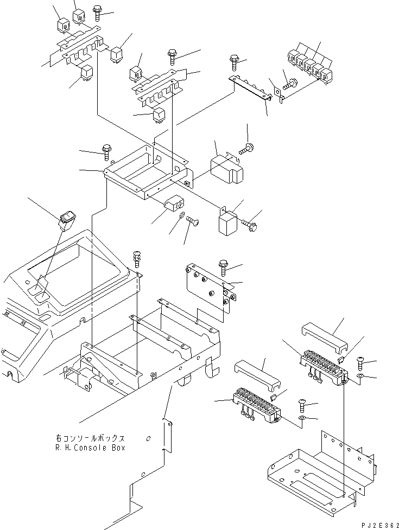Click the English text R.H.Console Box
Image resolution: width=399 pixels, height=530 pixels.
point(90,448)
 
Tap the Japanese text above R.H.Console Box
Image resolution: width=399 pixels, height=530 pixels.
point(90,438)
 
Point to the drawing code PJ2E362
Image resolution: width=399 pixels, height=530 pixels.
point(380,525)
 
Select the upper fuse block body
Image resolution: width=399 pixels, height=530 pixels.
point(324,367)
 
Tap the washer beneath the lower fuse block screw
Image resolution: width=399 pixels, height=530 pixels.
point(302,419)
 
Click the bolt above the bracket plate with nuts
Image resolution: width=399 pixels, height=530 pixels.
point(224,267)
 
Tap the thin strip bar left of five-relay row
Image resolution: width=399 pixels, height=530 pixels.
point(250,87)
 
